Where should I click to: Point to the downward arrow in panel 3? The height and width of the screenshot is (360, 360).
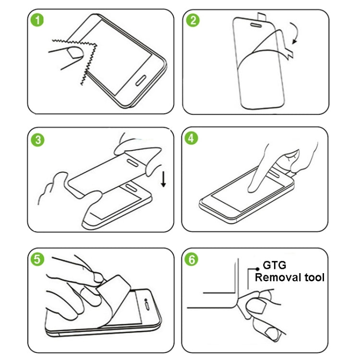164,180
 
